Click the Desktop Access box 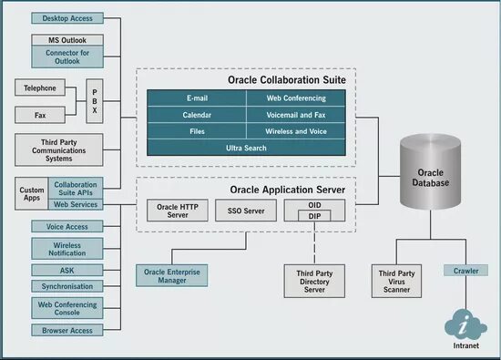(68, 18)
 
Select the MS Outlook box (67, 40)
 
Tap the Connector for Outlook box (67, 57)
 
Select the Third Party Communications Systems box (60, 150)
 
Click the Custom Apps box (32, 193)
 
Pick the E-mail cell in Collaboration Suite (197, 98)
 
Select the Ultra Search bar (245, 148)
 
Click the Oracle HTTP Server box (179, 211)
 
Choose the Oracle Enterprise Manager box (172, 275)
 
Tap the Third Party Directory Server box (312, 279)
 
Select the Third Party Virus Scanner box (397, 279)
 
